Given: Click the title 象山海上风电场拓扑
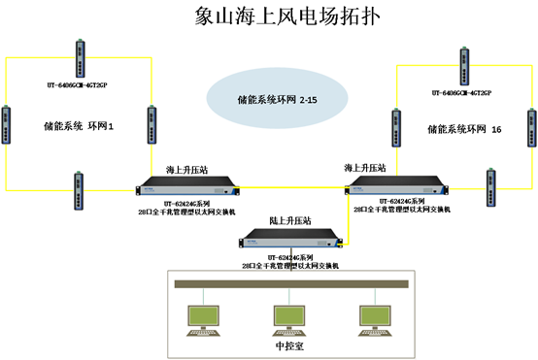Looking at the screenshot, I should (x=268, y=16).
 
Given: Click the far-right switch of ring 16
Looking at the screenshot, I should (x=530, y=124).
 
